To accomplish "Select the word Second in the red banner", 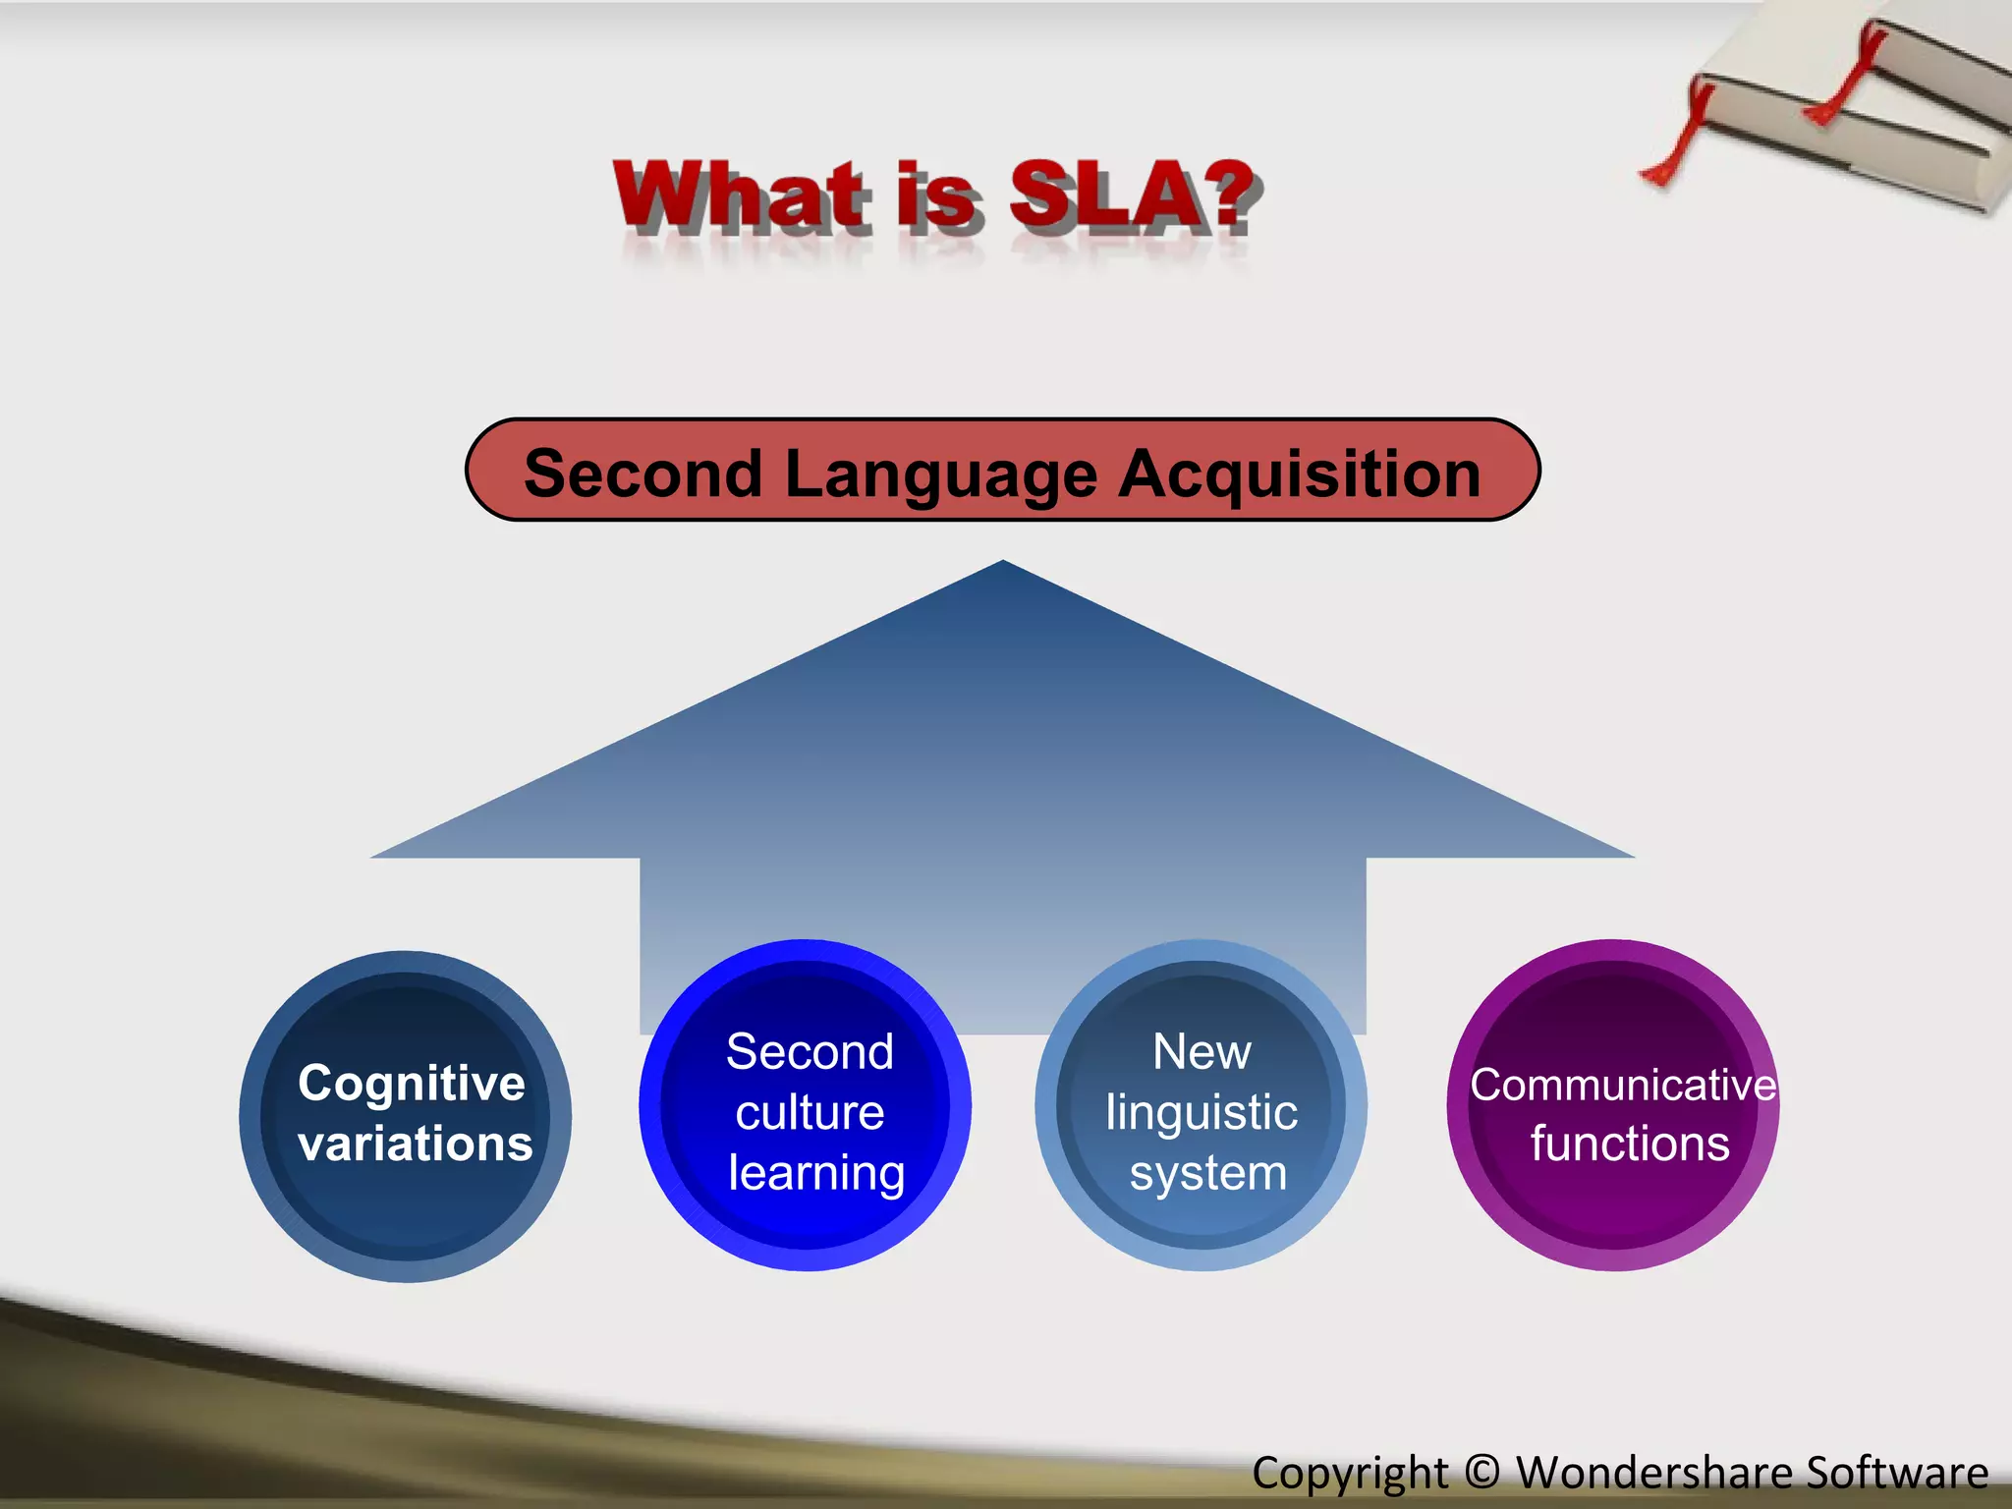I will [643, 474].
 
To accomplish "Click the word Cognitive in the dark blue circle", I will [411, 1083].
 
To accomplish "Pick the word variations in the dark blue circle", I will [415, 1144].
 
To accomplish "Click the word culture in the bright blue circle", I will [810, 1112].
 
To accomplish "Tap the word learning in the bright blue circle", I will [815, 1173].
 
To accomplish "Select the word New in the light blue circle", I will [1202, 1051].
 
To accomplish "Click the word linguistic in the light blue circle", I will [1202, 1112].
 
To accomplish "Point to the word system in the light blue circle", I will [1207, 1173].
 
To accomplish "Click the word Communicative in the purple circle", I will [1622, 1085].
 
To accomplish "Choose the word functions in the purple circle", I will [1629, 1144].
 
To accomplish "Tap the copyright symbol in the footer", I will [1481, 1472].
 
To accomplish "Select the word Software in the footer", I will [1897, 1472].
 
